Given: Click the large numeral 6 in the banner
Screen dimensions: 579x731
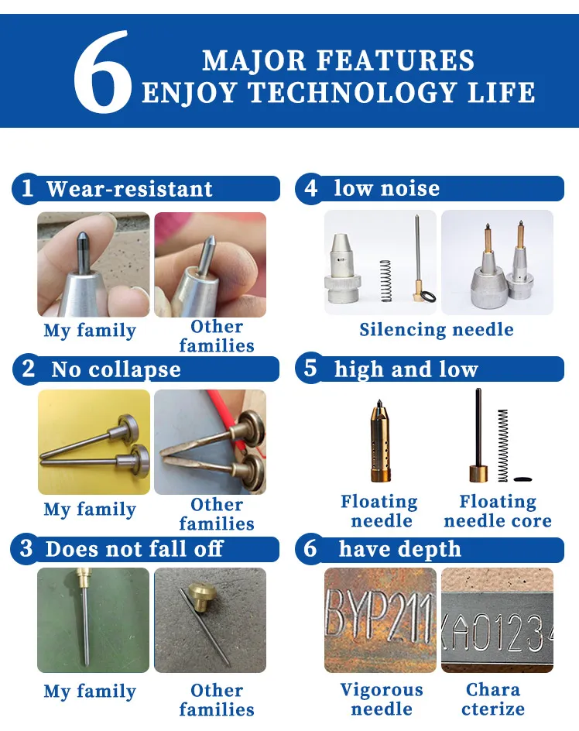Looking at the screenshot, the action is click(x=102, y=71).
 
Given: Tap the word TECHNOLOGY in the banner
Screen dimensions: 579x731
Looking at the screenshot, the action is click(x=352, y=92).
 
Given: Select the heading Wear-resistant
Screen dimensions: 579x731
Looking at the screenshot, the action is click(x=129, y=189).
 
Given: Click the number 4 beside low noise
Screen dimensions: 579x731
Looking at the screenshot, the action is click(x=310, y=188).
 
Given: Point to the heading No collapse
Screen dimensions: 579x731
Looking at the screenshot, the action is click(x=115, y=369).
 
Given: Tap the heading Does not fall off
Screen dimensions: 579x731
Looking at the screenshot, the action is click(x=134, y=549).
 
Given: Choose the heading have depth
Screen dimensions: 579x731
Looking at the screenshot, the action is click(x=399, y=549).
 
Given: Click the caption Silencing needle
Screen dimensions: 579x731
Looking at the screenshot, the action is click(x=437, y=330).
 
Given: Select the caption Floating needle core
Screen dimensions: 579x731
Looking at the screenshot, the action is click(x=498, y=511).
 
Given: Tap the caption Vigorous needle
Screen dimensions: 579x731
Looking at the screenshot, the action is click(x=382, y=698).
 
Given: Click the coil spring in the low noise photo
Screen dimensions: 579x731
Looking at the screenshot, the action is click(x=385, y=280).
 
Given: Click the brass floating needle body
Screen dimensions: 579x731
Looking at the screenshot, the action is click(x=380, y=440).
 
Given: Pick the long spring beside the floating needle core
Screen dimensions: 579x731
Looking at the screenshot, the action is click(x=502, y=445).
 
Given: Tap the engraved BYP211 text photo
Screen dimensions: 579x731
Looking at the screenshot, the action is click(x=380, y=620).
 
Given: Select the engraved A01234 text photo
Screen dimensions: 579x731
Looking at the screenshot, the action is click(x=497, y=620).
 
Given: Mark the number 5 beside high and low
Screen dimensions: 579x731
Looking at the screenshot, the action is click(x=310, y=368).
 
